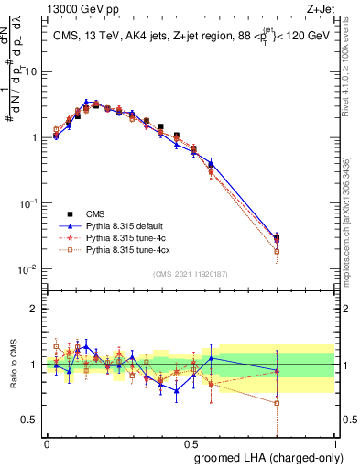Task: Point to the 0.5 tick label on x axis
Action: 191,442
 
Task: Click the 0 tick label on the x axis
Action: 47,442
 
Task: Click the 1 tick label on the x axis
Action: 336,442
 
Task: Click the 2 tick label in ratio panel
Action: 35,309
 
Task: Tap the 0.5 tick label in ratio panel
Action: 31,421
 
